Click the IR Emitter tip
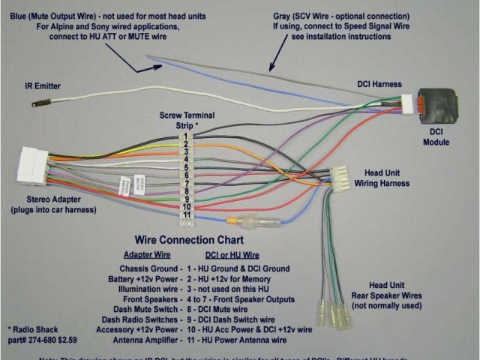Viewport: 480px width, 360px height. (35, 103)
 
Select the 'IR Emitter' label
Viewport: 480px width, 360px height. (43, 86)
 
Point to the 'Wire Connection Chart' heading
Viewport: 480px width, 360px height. (188, 241)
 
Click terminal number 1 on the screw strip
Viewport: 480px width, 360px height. (184, 137)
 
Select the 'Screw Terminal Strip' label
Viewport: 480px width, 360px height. (178, 120)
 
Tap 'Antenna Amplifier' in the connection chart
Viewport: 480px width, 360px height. (142, 340)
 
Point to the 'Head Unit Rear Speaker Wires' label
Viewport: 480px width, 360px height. (387, 295)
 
